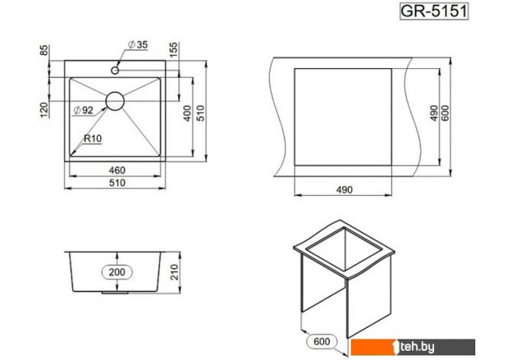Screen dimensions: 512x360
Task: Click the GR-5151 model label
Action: (434, 11)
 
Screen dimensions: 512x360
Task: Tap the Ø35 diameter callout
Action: (138, 44)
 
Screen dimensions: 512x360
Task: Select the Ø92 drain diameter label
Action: (83, 110)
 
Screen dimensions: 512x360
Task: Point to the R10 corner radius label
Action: (92, 138)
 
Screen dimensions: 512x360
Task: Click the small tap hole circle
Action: (115, 70)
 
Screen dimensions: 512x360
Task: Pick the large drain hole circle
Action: (115, 101)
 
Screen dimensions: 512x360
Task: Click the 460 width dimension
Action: (117, 170)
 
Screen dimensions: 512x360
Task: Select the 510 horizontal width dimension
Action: (117, 183)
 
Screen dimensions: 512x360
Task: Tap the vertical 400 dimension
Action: (187, 113)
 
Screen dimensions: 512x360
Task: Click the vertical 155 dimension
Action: (173, 50)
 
